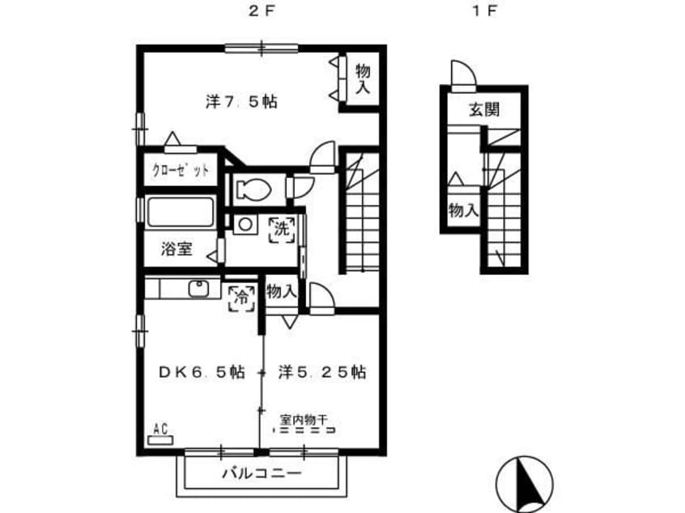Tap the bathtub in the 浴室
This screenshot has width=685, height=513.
tap(181, 212)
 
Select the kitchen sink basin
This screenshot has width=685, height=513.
tap(198, 289)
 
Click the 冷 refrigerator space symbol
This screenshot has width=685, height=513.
tap(241, 299)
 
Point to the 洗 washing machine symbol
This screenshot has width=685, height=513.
tap(283, 229)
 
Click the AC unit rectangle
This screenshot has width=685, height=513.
tap(160, 440)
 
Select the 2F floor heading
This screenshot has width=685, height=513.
tap(261, 11)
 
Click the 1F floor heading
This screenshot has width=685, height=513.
tap(485, 11)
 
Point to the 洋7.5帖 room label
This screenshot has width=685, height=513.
tap(241, 102)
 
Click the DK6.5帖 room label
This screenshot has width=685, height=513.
tap(202, 372)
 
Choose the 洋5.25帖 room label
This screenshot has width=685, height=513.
tap(322, 372)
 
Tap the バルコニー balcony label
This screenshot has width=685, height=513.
tap(262, 473)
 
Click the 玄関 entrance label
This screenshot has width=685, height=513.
tap(484, 109)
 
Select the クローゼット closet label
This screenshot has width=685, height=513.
tap(180, 170)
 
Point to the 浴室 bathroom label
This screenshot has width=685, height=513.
tap(177, 249)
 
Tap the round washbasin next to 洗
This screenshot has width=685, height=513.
tap(245, 225)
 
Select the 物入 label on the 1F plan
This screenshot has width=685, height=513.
tap(463, 210)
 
